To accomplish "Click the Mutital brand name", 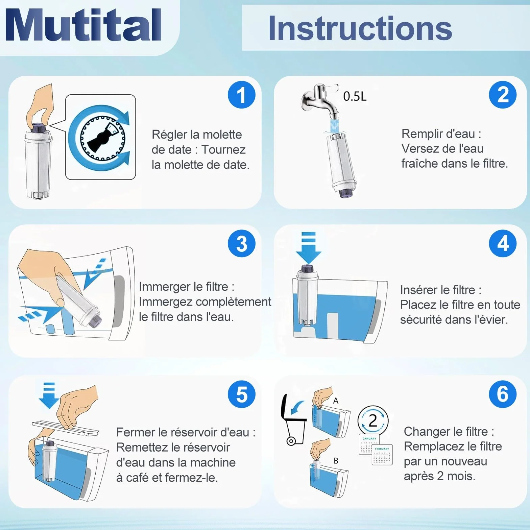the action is click(x=83, y=25).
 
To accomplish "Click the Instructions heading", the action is click(x=360, y=28).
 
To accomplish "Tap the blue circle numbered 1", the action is click(x=241, y=95).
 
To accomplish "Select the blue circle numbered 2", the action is click(x=503, y=95).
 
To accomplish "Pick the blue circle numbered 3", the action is click(x=241, y=243).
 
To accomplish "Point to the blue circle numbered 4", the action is click(x=503, y=243).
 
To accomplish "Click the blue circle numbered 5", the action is click(x=241, y=394).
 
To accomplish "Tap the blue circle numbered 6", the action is click(x=503, y=394).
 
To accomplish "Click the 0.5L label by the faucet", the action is click(x=355, y=97).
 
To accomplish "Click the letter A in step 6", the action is click(x=336, y=401).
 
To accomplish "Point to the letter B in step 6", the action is click(x=336, y=461).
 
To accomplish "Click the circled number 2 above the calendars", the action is click(x=373, y=420).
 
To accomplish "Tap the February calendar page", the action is click(x=382, y=455).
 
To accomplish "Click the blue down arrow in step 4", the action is click(x=308, y=247).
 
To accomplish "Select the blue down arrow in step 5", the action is click(x=49, y=395).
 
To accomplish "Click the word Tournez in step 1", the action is click(x=223, y=149).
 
